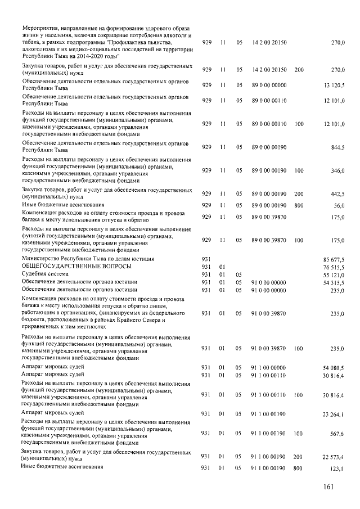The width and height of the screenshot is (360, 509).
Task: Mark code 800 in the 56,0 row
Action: point(299,206)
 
